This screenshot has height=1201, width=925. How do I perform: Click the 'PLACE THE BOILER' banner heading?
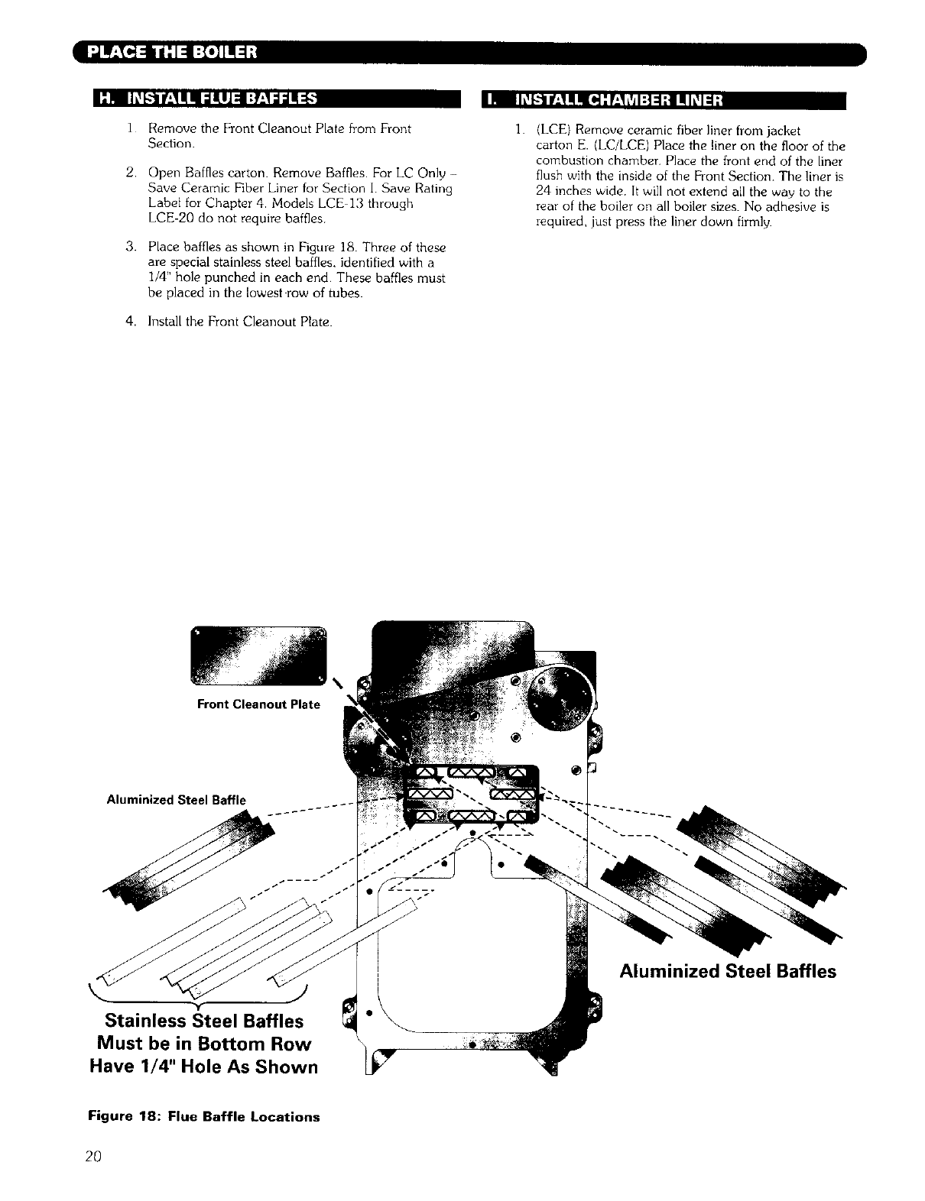coord(173,53)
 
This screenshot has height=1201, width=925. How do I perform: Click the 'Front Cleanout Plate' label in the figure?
coord(258,704)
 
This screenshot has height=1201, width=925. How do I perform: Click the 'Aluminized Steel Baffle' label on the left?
coord(177,801)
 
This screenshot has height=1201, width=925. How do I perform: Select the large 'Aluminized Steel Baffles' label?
coord(728,971)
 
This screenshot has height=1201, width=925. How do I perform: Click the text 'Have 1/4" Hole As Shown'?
coord(204,1067)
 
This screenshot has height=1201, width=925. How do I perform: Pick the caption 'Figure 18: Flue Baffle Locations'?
coord(204,1117)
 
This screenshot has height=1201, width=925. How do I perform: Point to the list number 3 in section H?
coord(130,248)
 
